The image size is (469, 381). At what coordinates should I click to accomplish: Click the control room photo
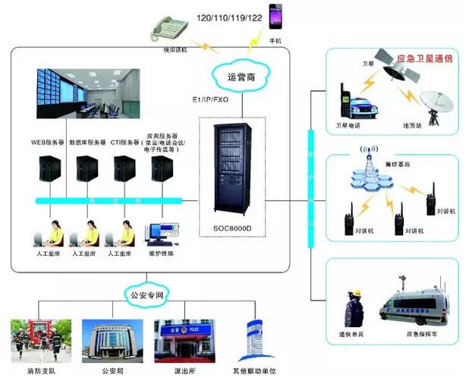[x=87, y=94]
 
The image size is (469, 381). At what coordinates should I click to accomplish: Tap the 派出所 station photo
[x=178, y=339]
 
